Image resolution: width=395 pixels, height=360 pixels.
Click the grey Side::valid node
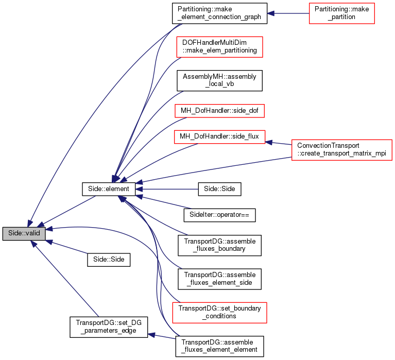coord(24,233)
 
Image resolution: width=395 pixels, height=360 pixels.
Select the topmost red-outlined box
coord(341,13)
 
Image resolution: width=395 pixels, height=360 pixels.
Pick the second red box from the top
coord(219,47)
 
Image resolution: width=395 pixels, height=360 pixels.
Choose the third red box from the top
coord(219,111)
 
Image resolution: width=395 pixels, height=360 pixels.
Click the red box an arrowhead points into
coord(219,137)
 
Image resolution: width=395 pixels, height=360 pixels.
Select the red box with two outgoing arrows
coord(341,150)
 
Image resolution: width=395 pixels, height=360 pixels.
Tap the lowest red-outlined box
coord(219,313)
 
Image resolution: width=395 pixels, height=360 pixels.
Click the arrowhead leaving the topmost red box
coord(270,13)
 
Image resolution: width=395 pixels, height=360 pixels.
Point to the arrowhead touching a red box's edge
coord(269,142)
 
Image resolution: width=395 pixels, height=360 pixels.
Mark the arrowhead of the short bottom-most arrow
coord(151,335)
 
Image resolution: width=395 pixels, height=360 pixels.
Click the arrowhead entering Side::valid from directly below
coord(34,244)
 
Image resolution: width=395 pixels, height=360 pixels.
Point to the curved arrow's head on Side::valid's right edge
coord(49,229)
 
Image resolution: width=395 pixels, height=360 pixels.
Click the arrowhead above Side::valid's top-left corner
coord(31,221)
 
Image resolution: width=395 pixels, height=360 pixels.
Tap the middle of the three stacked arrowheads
coord(139,189)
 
